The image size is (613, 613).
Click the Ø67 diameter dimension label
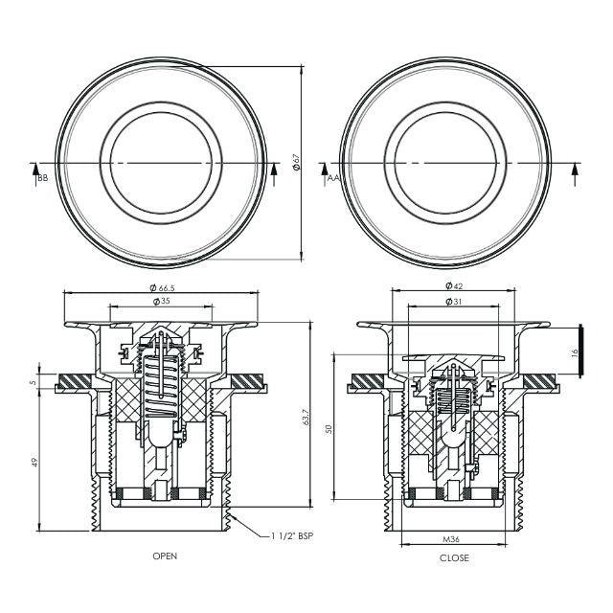298,164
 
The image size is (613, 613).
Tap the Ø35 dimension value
162,302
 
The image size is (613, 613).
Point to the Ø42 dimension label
454,285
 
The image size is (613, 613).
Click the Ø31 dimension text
454,302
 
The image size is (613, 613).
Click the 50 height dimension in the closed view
329,429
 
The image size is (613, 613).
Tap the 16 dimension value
575,353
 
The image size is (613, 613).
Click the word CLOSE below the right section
454,557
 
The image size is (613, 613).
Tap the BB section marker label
42,178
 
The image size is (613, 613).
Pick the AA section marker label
331,178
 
